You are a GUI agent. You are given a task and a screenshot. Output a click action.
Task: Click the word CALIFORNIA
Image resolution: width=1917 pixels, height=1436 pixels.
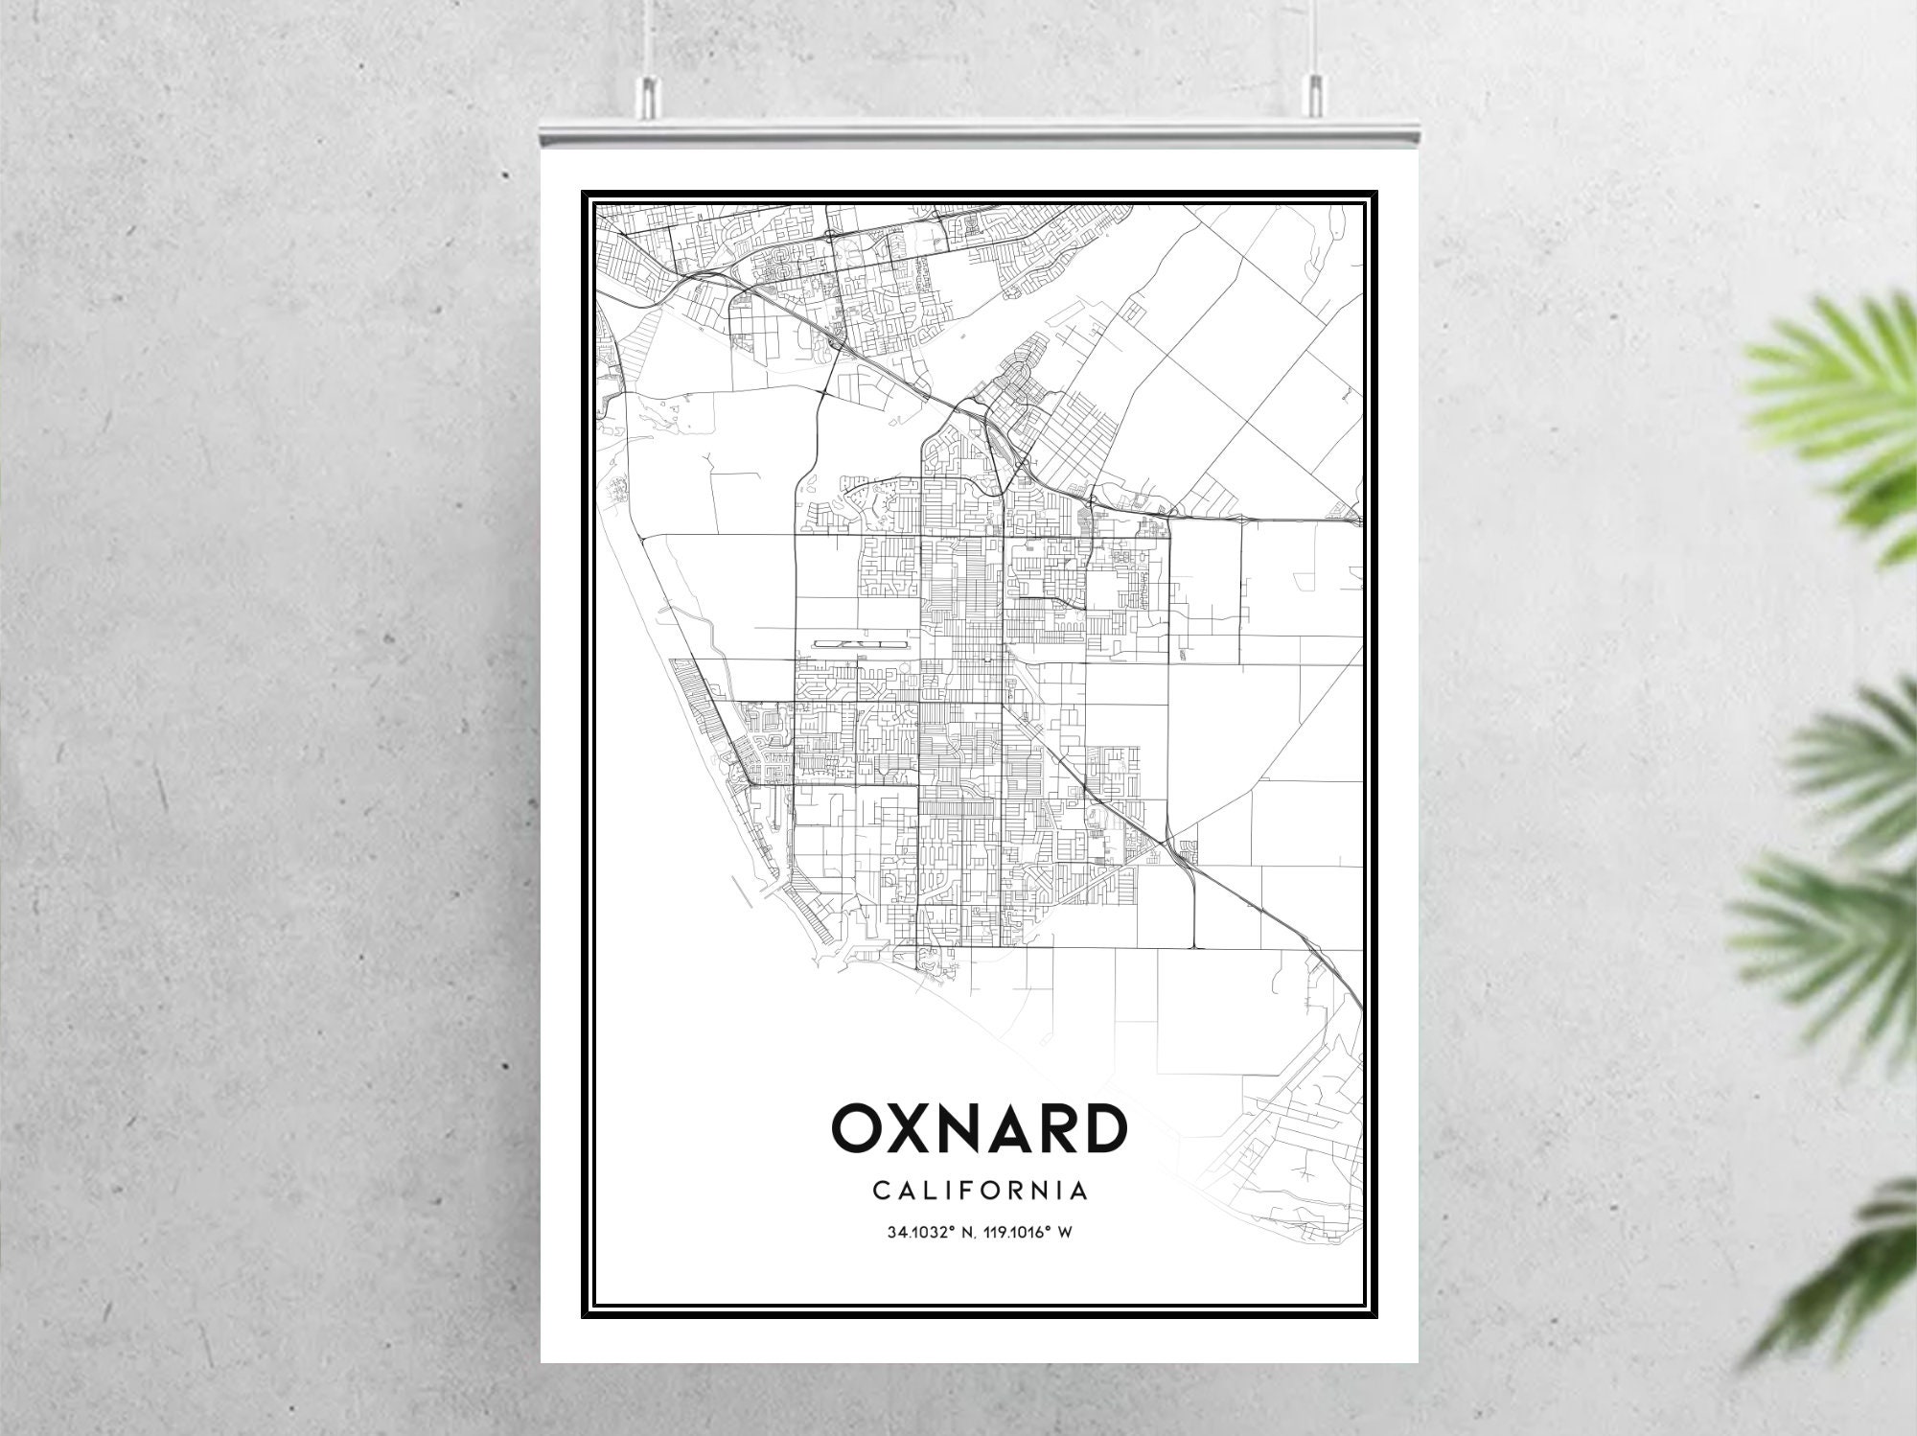[x=979, y=1191]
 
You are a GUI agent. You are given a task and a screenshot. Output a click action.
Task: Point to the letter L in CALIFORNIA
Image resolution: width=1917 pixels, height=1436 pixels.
[x=929, y=1191]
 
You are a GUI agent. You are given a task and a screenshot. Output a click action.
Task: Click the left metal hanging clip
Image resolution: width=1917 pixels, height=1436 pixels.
[x=648, y=94]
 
